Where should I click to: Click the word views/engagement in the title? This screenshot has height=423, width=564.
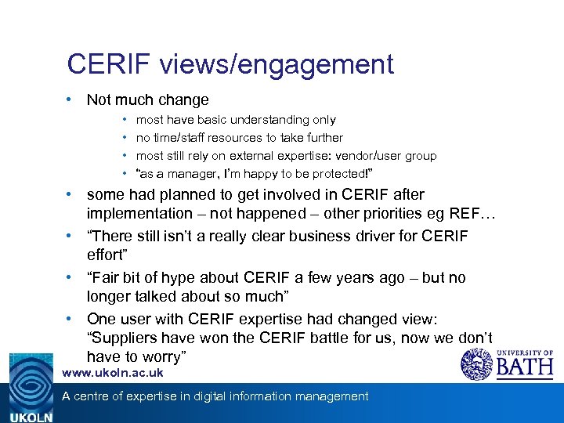[276, 65]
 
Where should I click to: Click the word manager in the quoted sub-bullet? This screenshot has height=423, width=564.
[188, 174]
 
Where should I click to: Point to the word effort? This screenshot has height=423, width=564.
[108, 255]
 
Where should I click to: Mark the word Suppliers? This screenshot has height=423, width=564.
[128, 338]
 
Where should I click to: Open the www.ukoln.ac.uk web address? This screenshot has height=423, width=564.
[113, 374]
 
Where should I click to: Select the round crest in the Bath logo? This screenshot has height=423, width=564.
[475, 364]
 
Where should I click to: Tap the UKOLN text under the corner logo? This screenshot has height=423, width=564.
[31, 418]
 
